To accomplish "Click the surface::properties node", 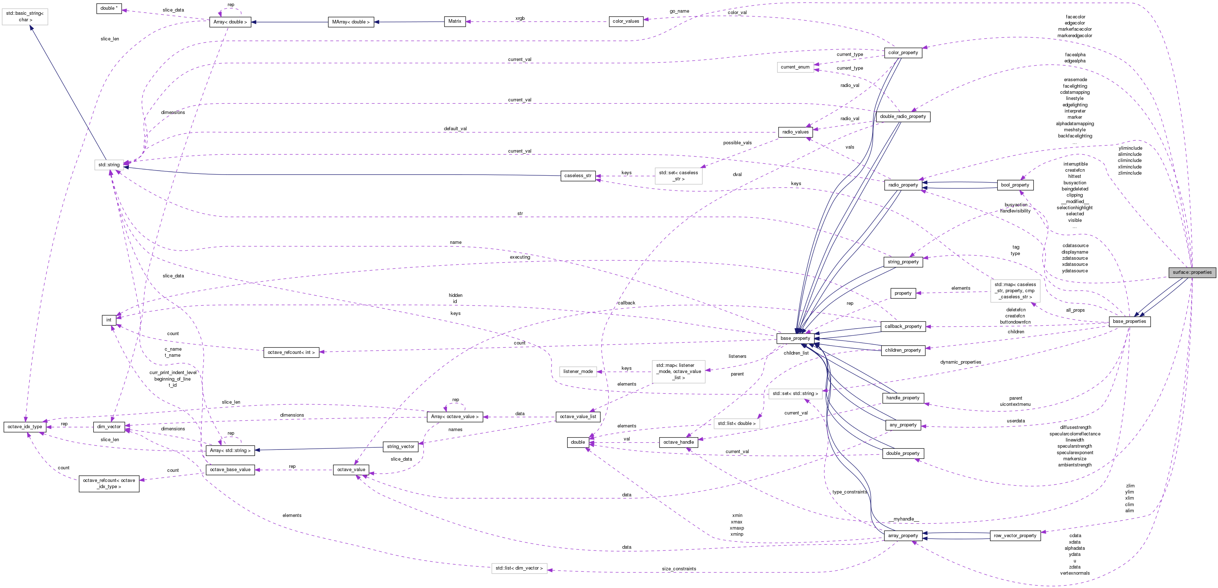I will [1192, 272].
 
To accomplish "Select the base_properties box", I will [1129, 321].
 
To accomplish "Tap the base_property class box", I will [795, 338].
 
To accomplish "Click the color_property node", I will [903, 52].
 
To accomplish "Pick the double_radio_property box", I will [903, 116].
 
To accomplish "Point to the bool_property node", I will [1015, 185].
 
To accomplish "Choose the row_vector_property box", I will [1015, 536].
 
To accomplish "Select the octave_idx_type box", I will [25, 426].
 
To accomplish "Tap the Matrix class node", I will [454, 21].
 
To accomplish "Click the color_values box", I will [626, 21].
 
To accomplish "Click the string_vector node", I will [400, 446].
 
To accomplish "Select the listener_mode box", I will [578, 372].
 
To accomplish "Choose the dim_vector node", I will [109, 426].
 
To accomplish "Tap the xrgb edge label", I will [520, 18].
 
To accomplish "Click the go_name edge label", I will [679, 11].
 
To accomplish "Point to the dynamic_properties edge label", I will [960, 362].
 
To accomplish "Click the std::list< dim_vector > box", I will [519, 568].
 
